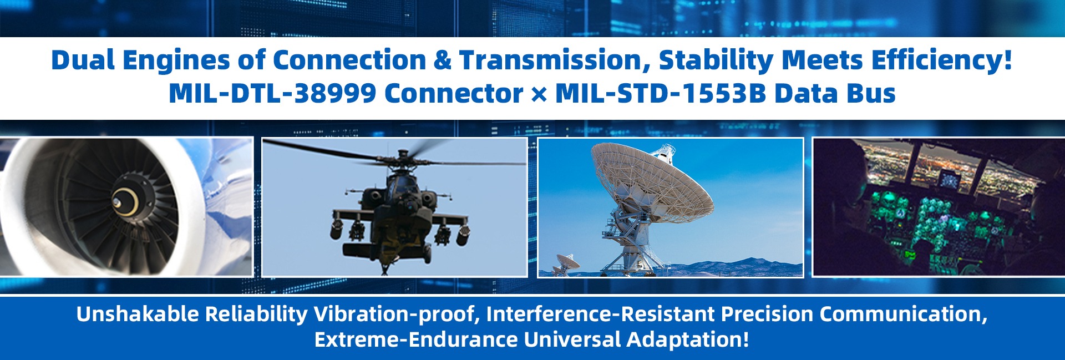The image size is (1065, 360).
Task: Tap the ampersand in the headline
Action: [x=442, y=60]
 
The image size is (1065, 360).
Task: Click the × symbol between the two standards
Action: [x=539, y=94]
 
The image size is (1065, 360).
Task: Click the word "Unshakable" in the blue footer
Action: [x=138, y=314]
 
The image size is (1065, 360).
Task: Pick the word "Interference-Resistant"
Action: [x=601, y=314]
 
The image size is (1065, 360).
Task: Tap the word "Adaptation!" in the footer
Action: [x=688, y=339]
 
